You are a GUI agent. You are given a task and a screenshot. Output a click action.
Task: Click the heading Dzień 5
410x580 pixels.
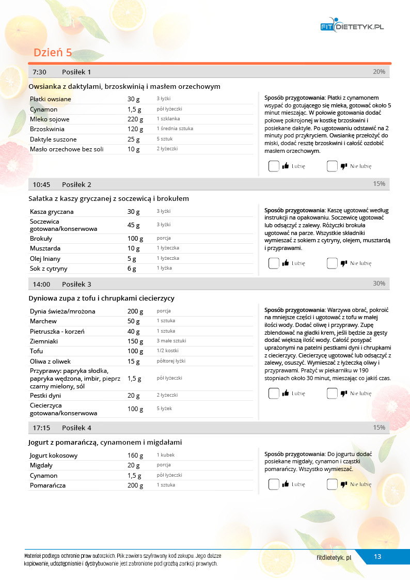53,53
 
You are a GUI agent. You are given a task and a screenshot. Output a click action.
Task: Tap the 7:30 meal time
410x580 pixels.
40,72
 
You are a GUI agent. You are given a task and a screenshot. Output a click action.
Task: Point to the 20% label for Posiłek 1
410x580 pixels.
379,72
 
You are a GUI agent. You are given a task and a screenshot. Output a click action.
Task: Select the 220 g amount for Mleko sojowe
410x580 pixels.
134,119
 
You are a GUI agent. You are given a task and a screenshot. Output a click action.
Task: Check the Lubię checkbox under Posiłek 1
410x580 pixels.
274,166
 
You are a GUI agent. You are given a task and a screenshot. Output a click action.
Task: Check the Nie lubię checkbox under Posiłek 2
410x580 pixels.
332,263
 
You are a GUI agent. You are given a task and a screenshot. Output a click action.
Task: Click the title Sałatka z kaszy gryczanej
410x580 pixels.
108,198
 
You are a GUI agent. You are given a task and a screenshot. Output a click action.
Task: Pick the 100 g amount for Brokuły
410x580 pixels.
135,239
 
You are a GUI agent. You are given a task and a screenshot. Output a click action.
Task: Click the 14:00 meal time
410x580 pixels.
41,284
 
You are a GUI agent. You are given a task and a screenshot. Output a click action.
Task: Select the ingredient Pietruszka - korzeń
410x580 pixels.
57,332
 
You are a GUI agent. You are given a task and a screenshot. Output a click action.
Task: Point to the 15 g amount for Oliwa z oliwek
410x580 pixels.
134,362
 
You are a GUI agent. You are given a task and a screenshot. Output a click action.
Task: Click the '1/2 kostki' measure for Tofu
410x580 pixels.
167,351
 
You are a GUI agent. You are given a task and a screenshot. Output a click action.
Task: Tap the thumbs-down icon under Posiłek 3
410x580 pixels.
344,394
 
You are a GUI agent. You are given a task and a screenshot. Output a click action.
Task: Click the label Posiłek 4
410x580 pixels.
76,428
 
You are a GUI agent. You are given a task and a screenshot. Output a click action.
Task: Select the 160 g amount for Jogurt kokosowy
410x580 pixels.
135,456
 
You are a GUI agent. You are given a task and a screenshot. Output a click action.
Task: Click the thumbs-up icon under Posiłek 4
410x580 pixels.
286,484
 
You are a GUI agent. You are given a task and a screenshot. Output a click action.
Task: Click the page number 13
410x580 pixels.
377,557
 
